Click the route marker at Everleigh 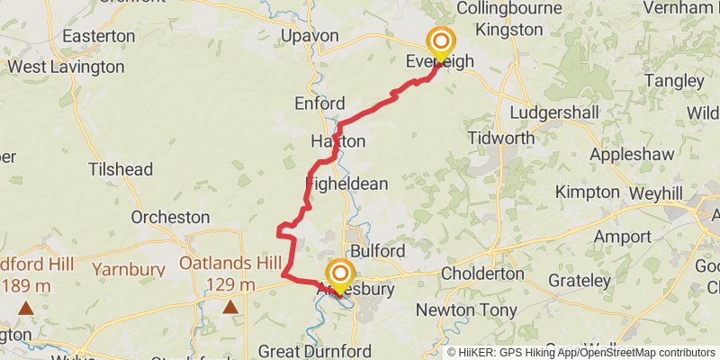click(x=440, y=42)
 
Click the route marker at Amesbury click(x=340, y=274)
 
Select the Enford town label click(x=319, y=103)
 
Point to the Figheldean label click(x=346, y=184)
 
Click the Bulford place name click(x=377, y=250)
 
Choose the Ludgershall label click(x=553, y=113)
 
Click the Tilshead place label click(x=121, y=170)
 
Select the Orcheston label click(x=170, y=217)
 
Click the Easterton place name click(x=99, y=37)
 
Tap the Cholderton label click(x=482, y=273)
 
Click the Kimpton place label click(x=588, y=192)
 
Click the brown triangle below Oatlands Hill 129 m click(x=231, y=308)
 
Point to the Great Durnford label click(x=310, y=349)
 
